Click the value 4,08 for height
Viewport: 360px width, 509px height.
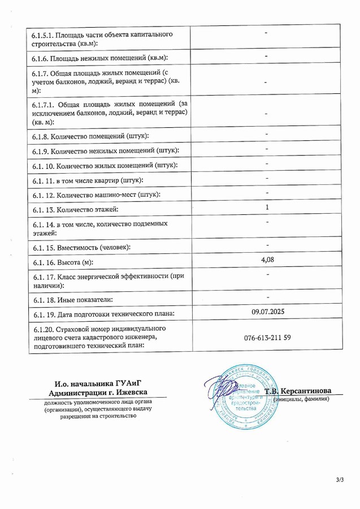pyautogui.click(x=267, y=260)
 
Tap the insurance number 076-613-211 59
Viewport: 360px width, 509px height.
pyautogui.click(x=267, y=338)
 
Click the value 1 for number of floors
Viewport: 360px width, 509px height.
pyautogui.click(x=267, y=208)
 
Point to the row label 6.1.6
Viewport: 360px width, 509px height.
pyautogui.click(x=101, y=58)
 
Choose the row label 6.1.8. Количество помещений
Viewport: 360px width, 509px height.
pyautogui.click(x=91, y=136)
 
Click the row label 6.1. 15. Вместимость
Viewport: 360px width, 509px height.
pyautogui.click(x=81, y=248)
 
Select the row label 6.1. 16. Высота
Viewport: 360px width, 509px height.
pyautogui.click(x=63, y=262)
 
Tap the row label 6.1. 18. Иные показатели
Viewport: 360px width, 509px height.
pyautogui.click(x=73, y=299)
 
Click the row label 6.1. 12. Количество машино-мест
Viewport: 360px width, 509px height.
pyautogui.click(x=96, y=195)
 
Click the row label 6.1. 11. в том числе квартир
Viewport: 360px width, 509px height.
pyautogui.click(x=88, y=180)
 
